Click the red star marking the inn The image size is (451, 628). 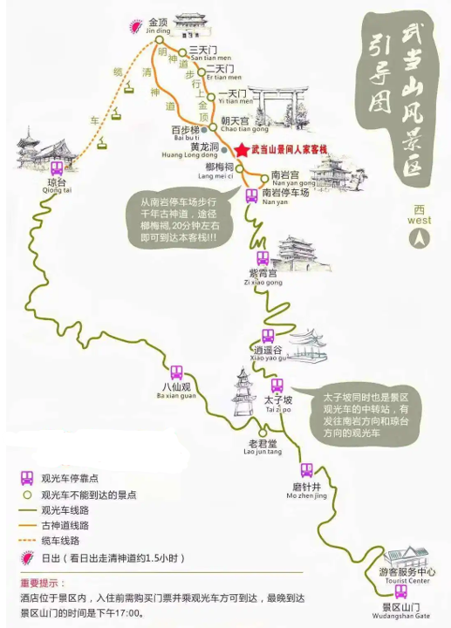tap(242, 149)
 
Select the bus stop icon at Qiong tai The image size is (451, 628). tap(56, 168)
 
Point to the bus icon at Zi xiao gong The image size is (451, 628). tap(263, 258)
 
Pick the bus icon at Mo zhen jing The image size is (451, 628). tap(306, 470)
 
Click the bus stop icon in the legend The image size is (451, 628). tap(27, 478)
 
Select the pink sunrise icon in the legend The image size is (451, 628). tap(26, 558)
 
